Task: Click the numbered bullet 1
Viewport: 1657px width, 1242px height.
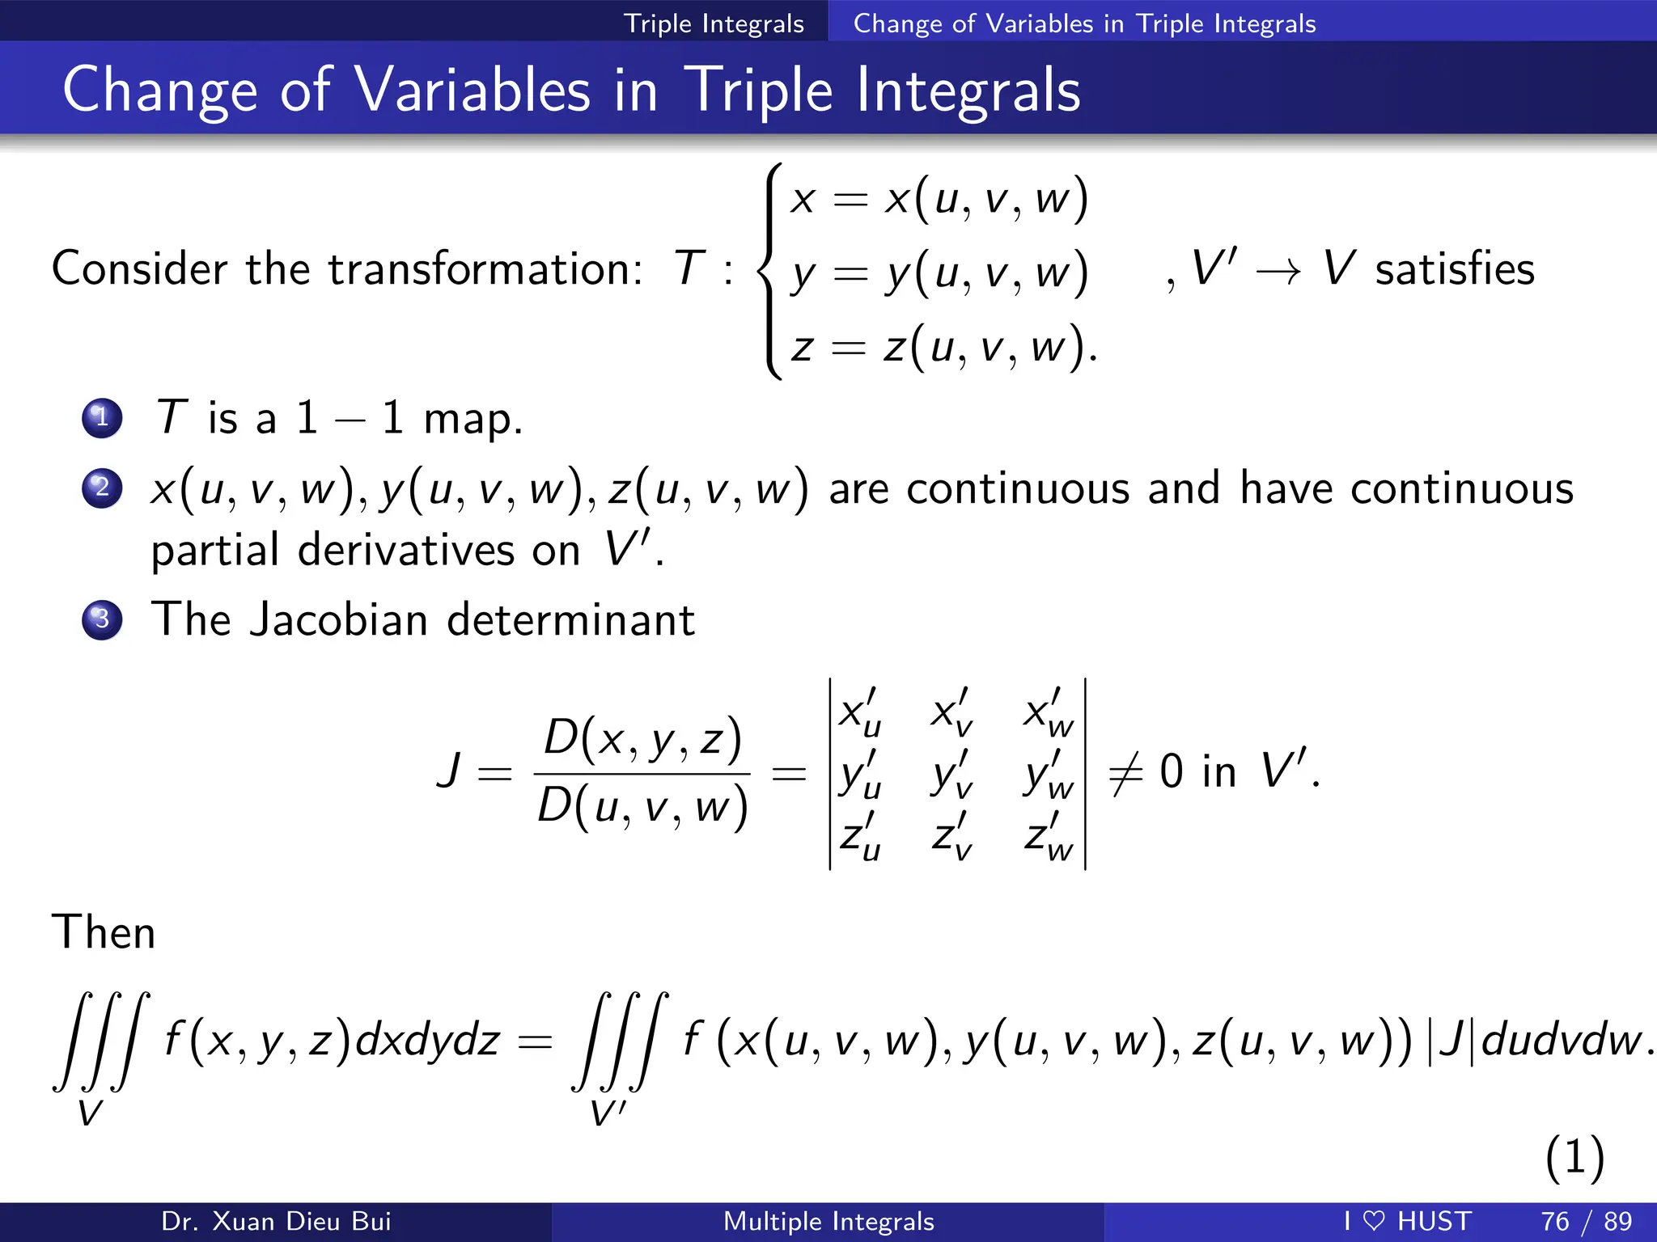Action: (102, 418)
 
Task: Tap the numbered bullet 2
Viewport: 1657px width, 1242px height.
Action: (102, 488)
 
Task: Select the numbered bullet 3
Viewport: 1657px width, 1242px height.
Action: (102, 620)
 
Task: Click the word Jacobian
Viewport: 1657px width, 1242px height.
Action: (338, 620)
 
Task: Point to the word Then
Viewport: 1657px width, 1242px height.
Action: (104, 932)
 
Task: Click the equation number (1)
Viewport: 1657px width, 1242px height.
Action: (1574, 1157)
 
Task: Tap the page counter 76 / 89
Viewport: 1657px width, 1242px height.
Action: (1586, 1221)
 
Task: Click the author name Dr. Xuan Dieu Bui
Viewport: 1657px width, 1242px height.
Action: (276, 1221)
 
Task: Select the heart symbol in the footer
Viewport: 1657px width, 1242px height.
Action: (1374, 1221)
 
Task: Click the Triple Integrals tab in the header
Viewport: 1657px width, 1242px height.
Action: (714, 23)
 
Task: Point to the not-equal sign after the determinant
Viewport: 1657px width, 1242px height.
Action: (1125, 773)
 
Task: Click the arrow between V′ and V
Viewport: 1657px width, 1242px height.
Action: (1278, 272)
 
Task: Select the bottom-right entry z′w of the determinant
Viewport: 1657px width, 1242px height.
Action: (1049, 837)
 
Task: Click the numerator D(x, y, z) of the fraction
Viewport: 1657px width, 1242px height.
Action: (642, 738)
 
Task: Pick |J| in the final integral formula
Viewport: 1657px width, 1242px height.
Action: (1454, 1041)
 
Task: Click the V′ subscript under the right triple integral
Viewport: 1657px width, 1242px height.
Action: (608, 1113)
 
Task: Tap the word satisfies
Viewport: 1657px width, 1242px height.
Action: (1454, 270)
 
